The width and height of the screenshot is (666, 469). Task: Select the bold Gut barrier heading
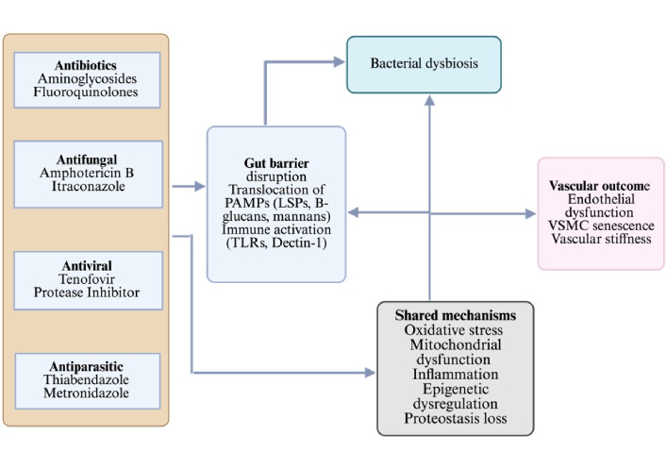coord(275,162)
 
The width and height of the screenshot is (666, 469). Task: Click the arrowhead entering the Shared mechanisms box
coord(371,372)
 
